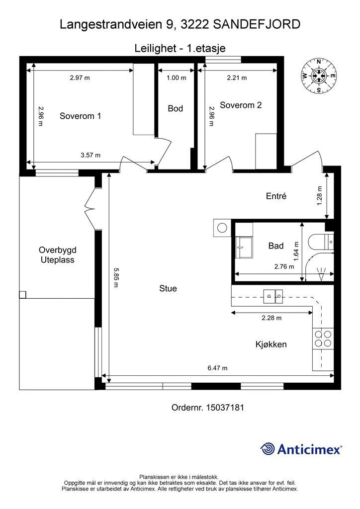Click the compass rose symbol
click(x=319, y=76)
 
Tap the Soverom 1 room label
click(x=80, y=116)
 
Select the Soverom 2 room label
click(x=241, y=105)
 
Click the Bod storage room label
click(x=176, y=108)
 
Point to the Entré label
click(x=276, y=196)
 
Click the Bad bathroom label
click(x=276, y=246)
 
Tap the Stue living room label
click(x=168, y=288)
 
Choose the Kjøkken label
click(x=271, y=344)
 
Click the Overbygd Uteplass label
click(x=58, y=255)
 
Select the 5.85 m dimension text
click(x=116, y=277)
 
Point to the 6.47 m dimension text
click(x=217, y=368)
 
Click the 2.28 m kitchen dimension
click(x=271, y=318)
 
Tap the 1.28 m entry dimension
click(x=319, y=195)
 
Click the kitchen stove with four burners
click(x=323, y=339)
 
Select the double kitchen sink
click(x=273, y=296)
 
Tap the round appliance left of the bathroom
click(x=222, y=228)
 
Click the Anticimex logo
click(x=301, y=449)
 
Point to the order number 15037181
click(x=208, y=408)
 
